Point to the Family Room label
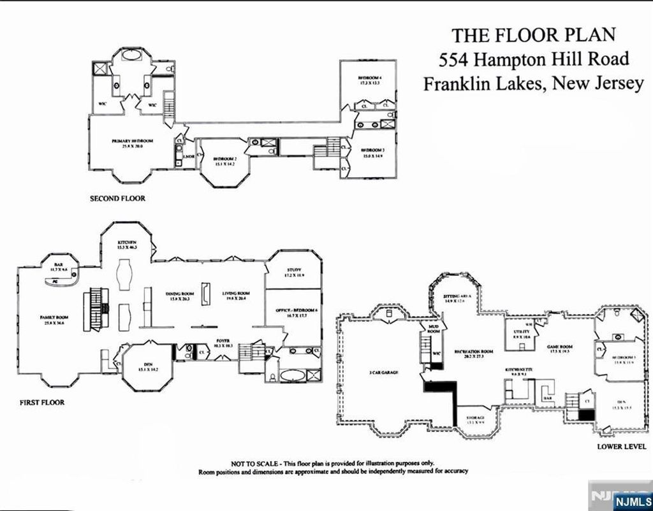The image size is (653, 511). tap(56, 317)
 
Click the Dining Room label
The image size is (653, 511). tap(179, 294)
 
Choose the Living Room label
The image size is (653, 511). tap(235, 294)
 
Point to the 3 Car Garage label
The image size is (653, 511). tap(384, 372)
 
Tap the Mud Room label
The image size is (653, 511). tap(434, 329)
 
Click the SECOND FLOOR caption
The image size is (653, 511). tap(117, 198)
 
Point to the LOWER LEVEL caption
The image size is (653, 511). tap(621, 447)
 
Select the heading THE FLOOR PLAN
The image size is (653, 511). tap(533, 34)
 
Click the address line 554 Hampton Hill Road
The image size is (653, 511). tap(534, 59)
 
